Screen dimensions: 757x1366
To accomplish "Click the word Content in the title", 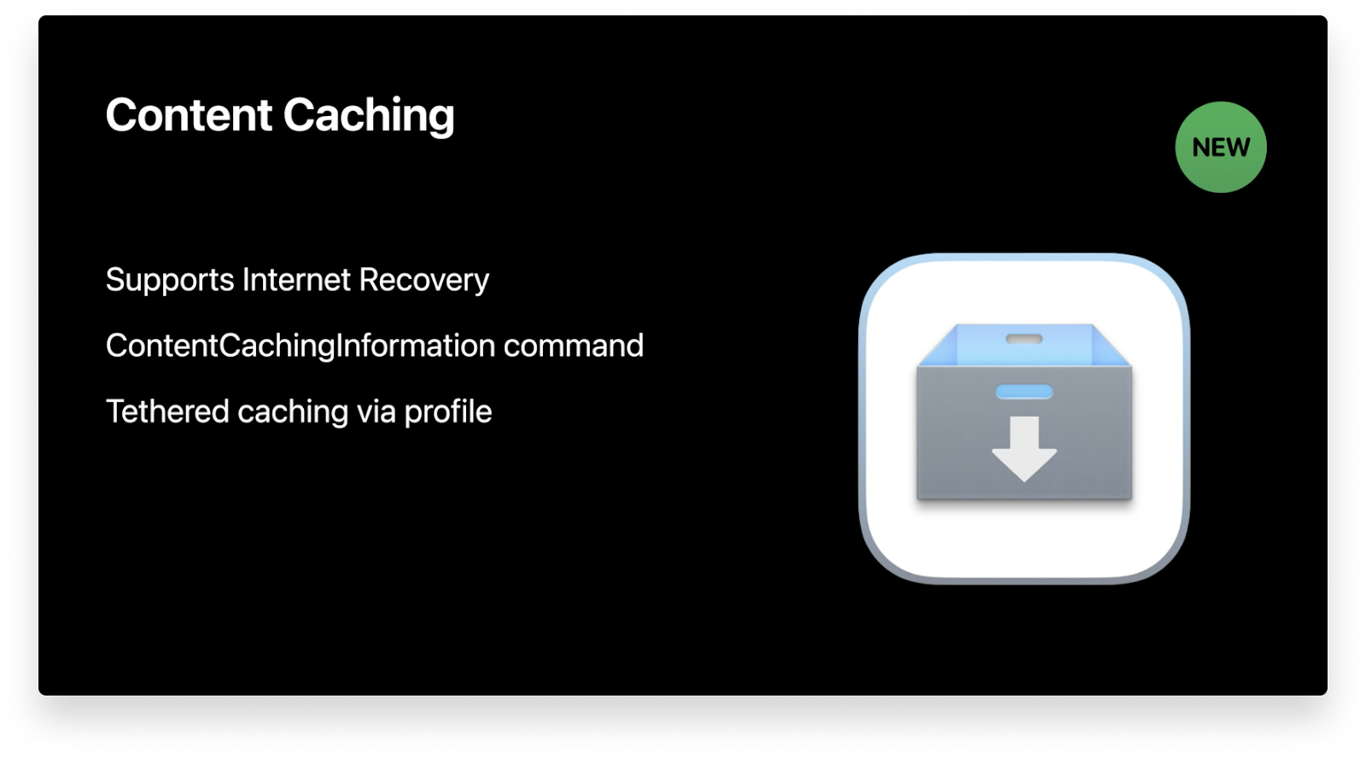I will (189, 115).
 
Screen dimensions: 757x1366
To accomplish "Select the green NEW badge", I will (1221, 147).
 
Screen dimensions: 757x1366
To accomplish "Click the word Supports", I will (170, 281).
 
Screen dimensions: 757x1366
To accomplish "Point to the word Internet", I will (296, 280).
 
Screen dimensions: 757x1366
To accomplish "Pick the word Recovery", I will (424, 281).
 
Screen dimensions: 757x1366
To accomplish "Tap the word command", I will (574, 346).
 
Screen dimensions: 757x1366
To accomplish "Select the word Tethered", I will (167, 411).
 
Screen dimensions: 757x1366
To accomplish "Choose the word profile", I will (448, 412).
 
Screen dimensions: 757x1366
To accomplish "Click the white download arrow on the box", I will (1024, 447).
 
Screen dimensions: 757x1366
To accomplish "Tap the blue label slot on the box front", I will (1024, 392).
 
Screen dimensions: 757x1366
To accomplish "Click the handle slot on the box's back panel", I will (1024, 339).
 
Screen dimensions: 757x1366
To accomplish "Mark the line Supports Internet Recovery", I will (297, 281).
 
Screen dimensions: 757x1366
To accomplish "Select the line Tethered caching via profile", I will (299, 412).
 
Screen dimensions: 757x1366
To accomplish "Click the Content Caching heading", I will (280, 116).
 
